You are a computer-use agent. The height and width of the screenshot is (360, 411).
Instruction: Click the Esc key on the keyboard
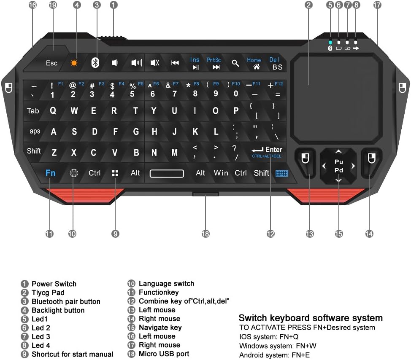point(51,63)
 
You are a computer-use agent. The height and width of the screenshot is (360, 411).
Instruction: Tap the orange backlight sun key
point(74,63)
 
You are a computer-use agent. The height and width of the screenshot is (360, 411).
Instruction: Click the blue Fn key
point(50,173)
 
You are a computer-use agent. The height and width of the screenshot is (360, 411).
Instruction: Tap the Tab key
point(33,111)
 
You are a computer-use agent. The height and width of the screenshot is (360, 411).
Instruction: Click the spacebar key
point(167,173)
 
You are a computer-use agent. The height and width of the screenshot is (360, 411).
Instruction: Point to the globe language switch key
point(74,173)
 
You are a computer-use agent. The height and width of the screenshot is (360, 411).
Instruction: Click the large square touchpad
point(337,98)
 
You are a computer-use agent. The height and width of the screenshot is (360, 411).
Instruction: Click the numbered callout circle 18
point(205,234)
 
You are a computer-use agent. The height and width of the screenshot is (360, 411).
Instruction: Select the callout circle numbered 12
point(270,234)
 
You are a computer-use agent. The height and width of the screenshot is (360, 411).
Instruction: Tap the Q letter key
point(53,111)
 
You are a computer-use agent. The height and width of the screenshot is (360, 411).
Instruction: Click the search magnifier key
point(235,63)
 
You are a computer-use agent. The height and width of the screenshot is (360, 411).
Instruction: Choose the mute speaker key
point(155,63)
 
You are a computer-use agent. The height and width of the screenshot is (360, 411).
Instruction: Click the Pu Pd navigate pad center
point(339,166)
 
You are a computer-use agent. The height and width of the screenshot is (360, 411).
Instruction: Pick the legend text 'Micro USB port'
point(164,354)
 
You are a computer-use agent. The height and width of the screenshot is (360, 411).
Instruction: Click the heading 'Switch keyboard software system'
point(311,318)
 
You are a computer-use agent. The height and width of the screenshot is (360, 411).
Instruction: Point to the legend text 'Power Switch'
point(54,284)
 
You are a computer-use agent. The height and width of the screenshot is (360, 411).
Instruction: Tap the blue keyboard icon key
point(282,173)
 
